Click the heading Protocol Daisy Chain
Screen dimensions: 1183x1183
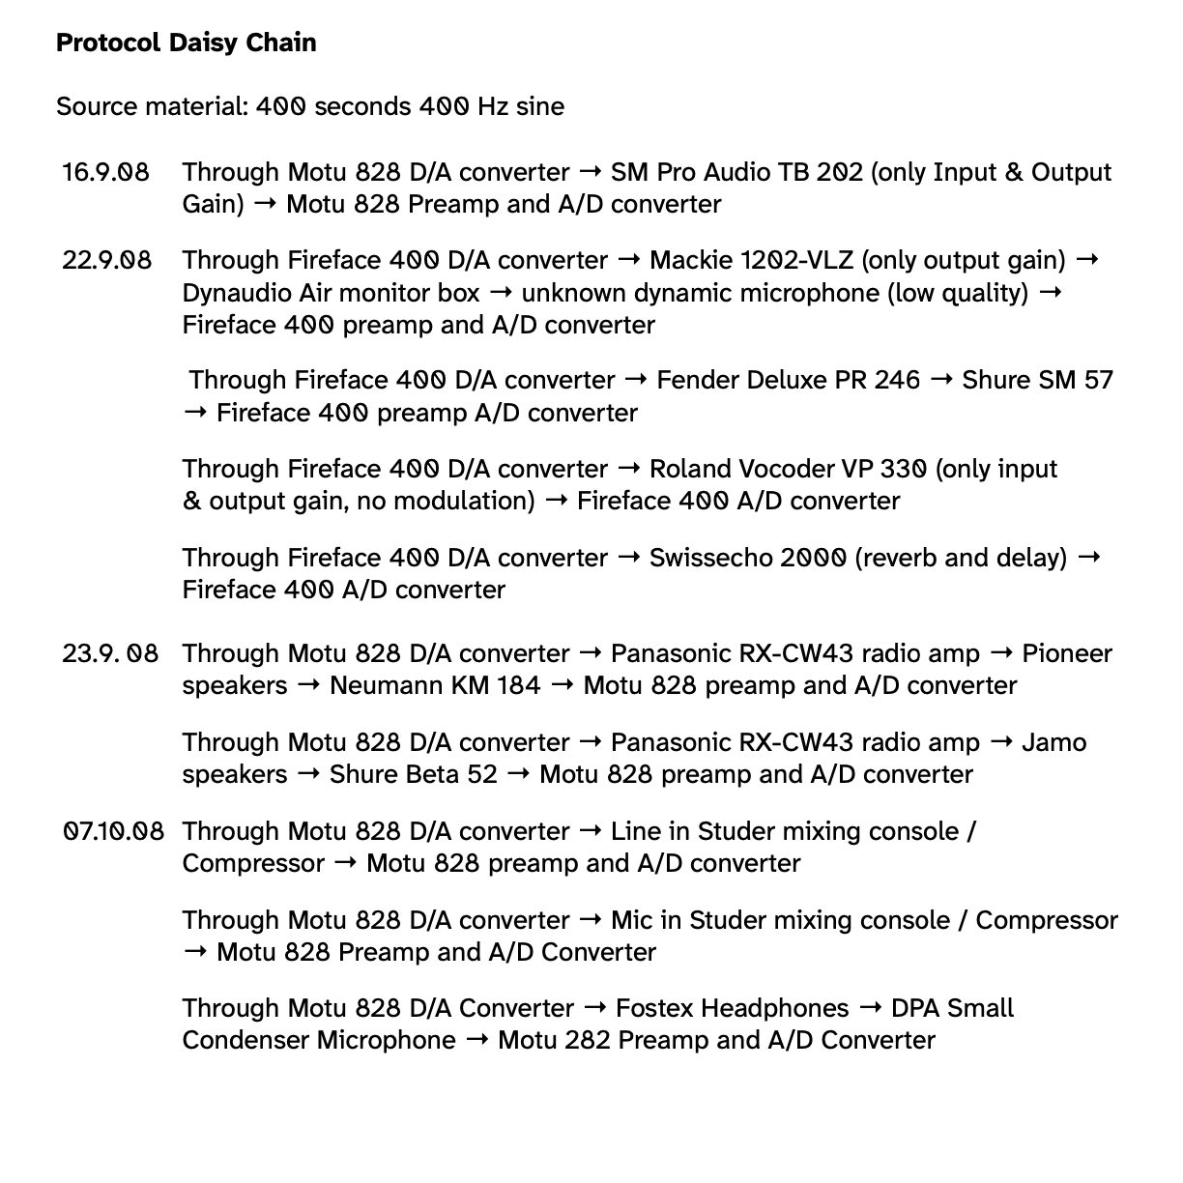point(186,43)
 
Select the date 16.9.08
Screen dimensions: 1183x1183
point(105,172)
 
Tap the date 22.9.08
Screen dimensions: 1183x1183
point(106,260)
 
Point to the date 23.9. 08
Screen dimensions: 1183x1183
point(109,653)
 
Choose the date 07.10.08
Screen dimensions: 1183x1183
point(113,831)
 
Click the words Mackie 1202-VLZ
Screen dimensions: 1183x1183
point(750,260)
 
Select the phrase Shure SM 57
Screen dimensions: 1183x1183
point(1037,380)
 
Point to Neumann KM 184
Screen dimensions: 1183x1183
point(435,685)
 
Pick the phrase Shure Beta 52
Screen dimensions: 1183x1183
point(413,774)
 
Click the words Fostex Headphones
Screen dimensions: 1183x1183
point(732,1008)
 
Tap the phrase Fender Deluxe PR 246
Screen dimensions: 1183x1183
point(788,380)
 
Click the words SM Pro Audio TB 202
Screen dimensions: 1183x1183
point(736,172)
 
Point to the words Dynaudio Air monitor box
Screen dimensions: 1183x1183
point(331,292)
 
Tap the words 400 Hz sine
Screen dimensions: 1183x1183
point(491,106)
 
